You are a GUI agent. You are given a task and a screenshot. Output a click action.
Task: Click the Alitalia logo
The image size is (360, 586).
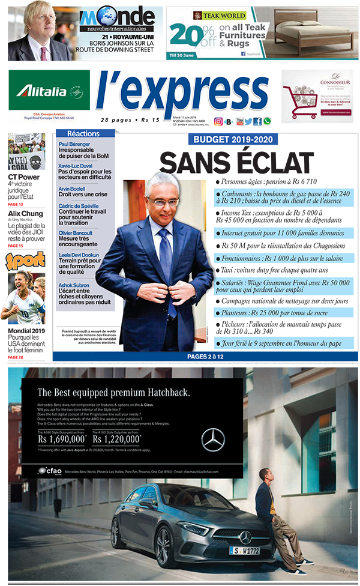[49, 91]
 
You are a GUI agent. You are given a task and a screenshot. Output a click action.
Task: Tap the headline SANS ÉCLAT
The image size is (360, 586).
[236, 163]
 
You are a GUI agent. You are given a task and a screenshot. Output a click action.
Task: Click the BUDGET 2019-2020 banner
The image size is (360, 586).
[236, 140]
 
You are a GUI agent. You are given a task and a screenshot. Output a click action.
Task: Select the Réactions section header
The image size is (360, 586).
[83, 133]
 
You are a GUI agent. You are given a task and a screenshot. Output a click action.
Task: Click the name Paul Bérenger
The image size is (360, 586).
[76, 144]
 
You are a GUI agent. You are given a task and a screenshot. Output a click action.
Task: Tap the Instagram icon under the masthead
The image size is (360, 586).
[218, 121]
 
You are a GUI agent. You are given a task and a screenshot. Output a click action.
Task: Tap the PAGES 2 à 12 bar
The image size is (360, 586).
[205, 356]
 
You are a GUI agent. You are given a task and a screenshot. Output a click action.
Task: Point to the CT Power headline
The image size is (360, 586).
[24, 177]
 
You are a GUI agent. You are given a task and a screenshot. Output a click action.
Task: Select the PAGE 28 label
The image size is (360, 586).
[16, 358]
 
